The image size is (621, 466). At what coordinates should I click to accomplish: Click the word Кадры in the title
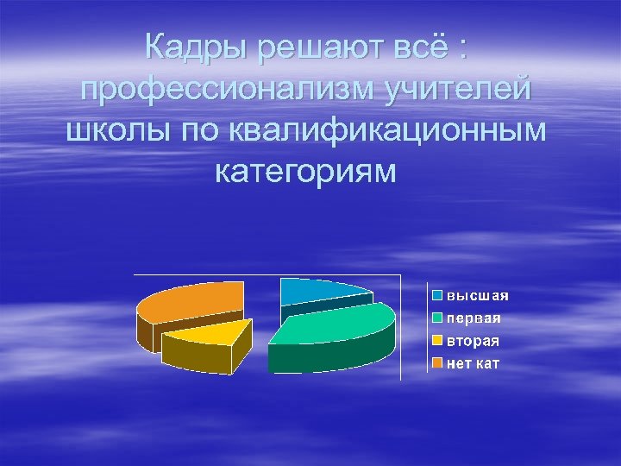tap(198, 46)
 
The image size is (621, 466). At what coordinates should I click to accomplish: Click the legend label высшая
tap(477, 295)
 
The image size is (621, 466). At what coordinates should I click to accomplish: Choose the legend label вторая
tap(472, 341)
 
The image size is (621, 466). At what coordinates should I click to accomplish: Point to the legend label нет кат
tap(473, 363)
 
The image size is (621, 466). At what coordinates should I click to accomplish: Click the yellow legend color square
tap(437, 341)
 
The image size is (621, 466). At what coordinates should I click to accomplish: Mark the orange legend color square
tap(437, 363)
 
